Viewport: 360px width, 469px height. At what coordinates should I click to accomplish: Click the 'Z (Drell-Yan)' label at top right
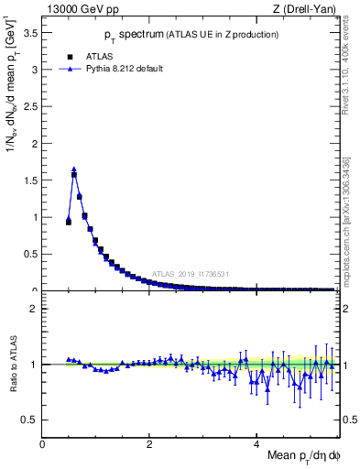pyautogui.click(x=306, y=10)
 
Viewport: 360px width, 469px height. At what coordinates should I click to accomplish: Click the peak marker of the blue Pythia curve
pyautogui.click(x=74, y=169)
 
